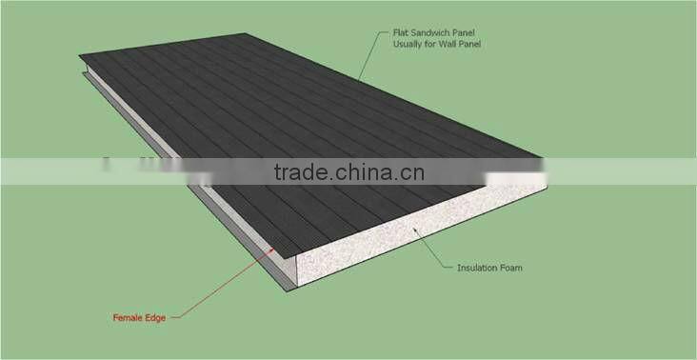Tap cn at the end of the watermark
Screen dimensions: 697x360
point(412,172)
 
